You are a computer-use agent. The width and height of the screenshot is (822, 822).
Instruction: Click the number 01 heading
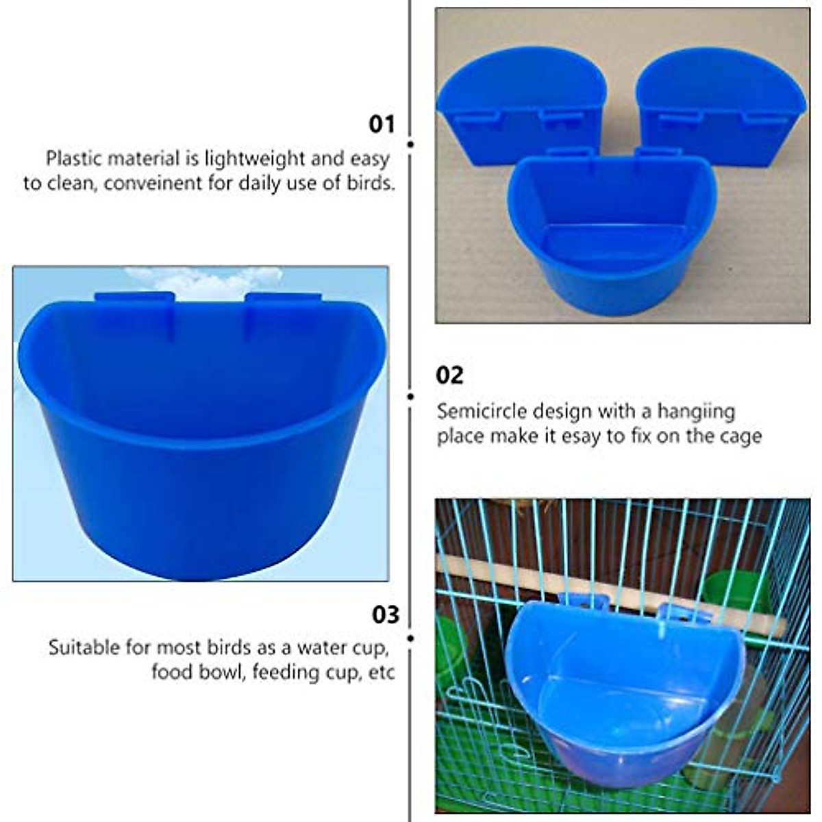[382, 124]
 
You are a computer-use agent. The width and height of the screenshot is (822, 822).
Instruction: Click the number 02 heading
[449, 375]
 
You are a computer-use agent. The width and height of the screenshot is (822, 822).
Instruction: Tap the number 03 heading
[385, 614]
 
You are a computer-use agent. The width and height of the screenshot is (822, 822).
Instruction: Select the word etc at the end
[382, 673]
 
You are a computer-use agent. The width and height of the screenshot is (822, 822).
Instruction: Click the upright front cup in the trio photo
[611, 233]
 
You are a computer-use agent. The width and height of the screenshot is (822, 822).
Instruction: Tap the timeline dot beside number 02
[410, 396]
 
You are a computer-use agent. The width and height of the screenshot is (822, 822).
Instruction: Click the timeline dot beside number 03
[410, 638]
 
